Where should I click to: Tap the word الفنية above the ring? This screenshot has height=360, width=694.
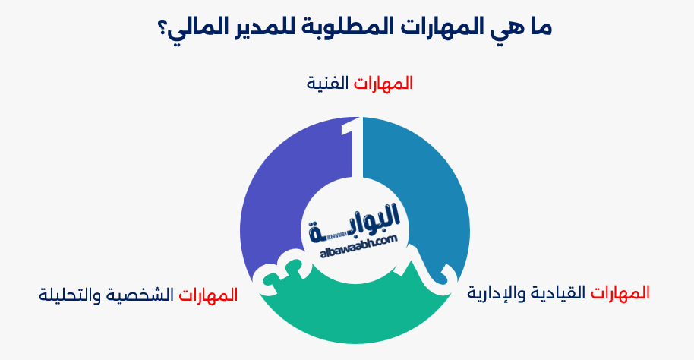pyautogui.click(x=327, y=82)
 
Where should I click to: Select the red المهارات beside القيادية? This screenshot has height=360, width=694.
pyautogui.click(x=620, y=292)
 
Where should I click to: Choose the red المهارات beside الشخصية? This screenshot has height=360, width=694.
pyautogui.click(x=208, y=293)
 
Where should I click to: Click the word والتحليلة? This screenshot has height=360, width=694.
pyautogui.click(x=72, y=293)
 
